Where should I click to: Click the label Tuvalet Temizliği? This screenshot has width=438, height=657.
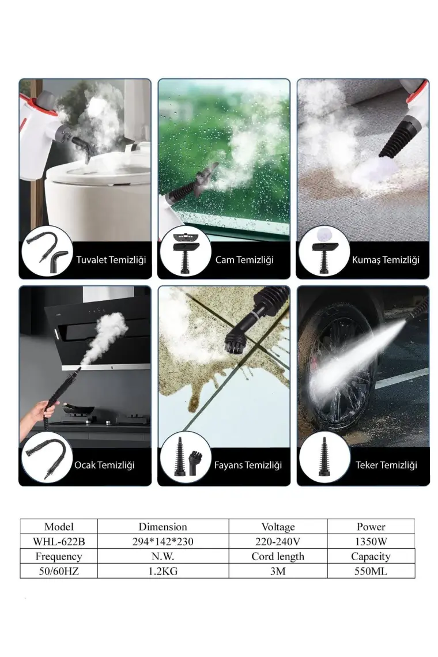pyautogui.click(x=111, y=260)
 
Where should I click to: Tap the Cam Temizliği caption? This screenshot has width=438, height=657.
pyautogui.click(x=244, y=260)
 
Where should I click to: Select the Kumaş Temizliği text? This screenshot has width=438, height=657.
pyautogui.click(x=386, y=260)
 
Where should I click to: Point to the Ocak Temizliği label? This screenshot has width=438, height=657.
pyautogui.click(x=104, y=465)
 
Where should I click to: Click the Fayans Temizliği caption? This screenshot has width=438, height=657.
pyautogui.click(x=248, y=465)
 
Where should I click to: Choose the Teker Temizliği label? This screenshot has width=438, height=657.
pyautogui.click(x=387, y=465)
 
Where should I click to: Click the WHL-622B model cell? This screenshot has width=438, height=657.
pyautogui.click(x=59, y=542)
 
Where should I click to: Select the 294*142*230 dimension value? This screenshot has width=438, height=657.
pyautogui.click(x=163, y=542)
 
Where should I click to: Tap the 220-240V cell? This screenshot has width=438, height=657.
pyautogui.click(x=278, y=542)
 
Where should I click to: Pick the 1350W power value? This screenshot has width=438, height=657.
pyautogui.click(x=371, y=542)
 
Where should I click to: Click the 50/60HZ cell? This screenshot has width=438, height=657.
pyautogui.click(x=59, y=571)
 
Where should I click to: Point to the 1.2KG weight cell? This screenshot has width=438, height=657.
pyautogui.click(x=163, y=571)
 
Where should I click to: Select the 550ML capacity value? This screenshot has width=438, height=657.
pyautogui.click(x=371, y=571)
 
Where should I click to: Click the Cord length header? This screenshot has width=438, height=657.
pyautogui.click(x=278, y=557)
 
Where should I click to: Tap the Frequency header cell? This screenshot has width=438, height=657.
pyautogui.click(x=59, y=557)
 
